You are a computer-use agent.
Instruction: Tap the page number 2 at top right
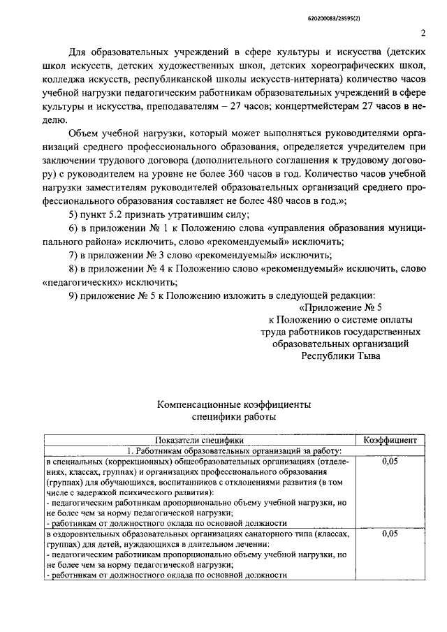[x=423, y=33]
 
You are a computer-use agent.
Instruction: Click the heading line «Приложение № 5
[x=341, y=307]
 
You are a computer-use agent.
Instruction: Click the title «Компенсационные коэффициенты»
[x=234, y=405]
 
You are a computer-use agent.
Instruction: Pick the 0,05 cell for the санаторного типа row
[x=391, y=534]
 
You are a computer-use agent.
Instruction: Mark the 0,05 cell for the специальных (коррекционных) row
[x=391, y=462]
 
